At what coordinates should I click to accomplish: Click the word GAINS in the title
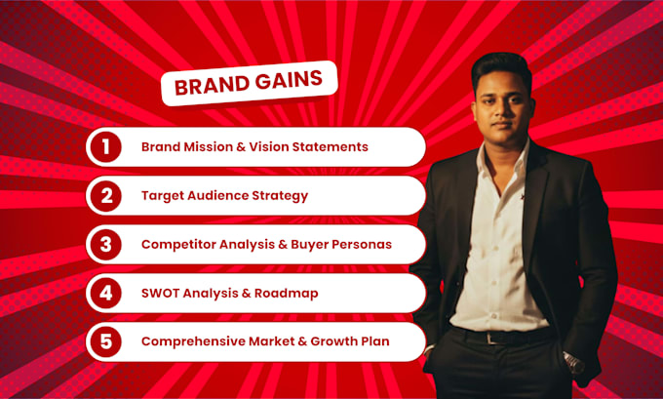[x=289, y=80]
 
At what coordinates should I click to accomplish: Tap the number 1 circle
[x=105, y=147]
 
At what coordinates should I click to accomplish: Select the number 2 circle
[x=105, y=196]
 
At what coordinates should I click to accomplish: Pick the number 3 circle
[x=105, y=245]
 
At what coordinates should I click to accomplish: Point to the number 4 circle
[x=105, y=294]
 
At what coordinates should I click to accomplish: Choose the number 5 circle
[x=105, y=341]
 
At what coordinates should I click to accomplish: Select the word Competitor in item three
[x=178, y=245]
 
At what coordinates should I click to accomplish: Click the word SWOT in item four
[x=160, y=294]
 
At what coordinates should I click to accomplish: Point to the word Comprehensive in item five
[x=193, y=341]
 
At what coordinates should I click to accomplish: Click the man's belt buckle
[x=490, y=338]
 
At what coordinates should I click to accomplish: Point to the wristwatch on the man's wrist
[x=574, y=364]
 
